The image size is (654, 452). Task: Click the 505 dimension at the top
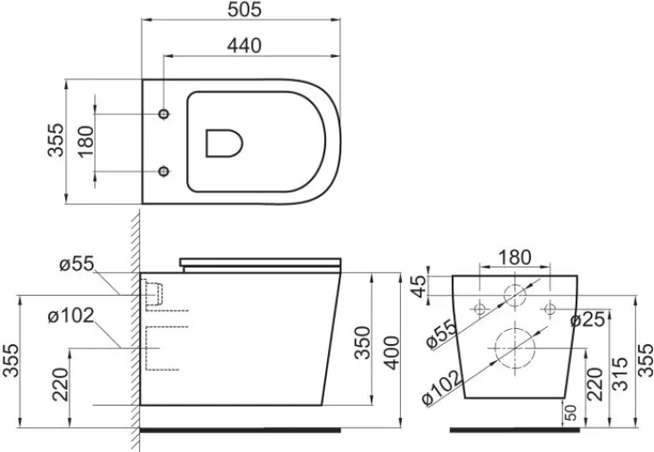[245, 9]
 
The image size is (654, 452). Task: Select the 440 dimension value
[244, 45]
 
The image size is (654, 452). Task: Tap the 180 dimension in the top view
[86, 142]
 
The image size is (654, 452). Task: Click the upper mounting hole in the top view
[164, 113]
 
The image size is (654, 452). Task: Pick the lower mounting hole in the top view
[164, 171]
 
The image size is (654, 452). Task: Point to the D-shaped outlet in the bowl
[225, 144]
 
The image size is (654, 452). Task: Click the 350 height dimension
[362, 342]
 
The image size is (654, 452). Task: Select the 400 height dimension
[391, 353]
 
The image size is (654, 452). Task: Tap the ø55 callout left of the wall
[77, 264]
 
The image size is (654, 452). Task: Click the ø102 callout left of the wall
[71, 316]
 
